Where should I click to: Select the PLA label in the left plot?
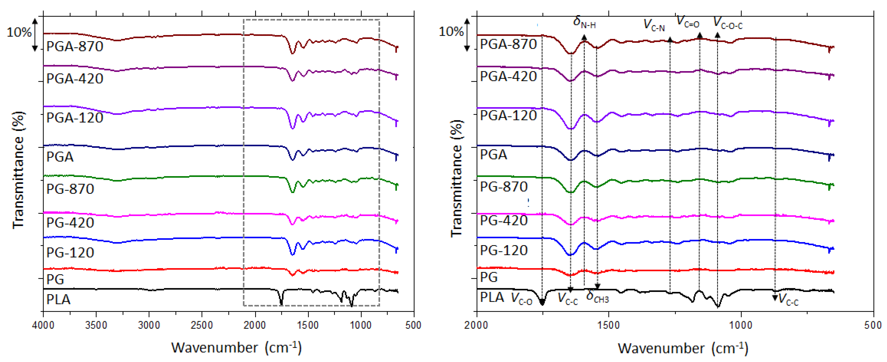pos(59,299)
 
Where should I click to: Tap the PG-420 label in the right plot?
pos(504,220)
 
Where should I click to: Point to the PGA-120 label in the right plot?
pos(508,115)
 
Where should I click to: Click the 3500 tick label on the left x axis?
pos(96,325)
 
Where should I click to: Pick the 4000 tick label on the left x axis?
pos(43,325)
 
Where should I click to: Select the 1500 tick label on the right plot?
pos(608,325)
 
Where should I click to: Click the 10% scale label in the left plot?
pos(19,32)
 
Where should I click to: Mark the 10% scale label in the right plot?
pos(451,32)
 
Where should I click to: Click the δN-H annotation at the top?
pos(584,22)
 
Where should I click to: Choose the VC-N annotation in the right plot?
pos(654,25)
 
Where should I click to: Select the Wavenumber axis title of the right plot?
pos(683,348)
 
